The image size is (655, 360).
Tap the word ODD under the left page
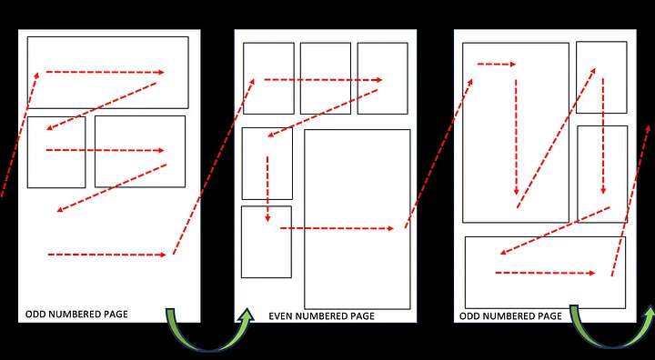tap(36, 315)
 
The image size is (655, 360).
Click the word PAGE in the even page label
tap(358, 316)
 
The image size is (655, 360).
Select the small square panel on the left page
tap(55, 173)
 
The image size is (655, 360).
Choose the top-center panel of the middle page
tap(325, 64)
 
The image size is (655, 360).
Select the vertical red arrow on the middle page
tap(267, 189)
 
